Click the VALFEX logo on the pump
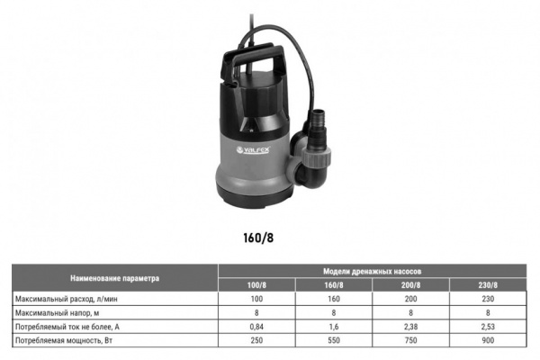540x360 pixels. click(x=253, y=150)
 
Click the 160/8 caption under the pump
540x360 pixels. click(x=258, y=238)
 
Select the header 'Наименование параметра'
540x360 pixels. click(x=114, y=278)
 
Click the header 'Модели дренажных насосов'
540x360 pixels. click(x=372, y=272)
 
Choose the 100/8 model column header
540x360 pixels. click(x=256, y=285)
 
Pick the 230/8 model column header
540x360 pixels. click(x=488, y=285)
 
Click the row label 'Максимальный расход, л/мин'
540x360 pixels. click(x=67, y=299)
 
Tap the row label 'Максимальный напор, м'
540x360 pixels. click(x=58, y=313)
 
